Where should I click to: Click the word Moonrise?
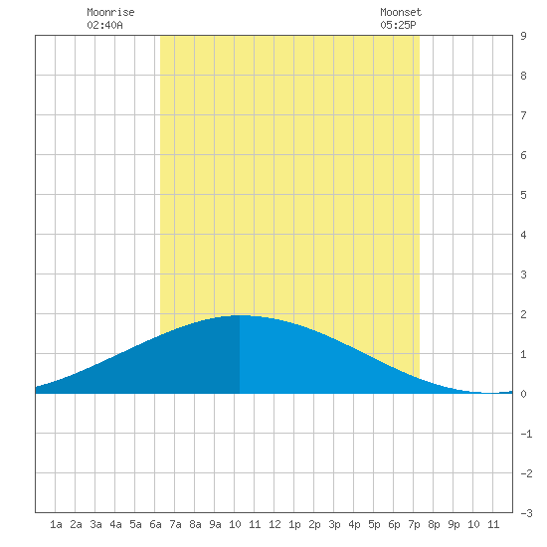pyautogui.click(x=110, y=12)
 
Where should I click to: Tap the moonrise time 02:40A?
pyautogui.click(x=104, y=25)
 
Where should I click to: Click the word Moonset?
pyautogui.click(x=401, y=12)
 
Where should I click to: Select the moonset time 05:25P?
pyautogui.click(x=398, y=25)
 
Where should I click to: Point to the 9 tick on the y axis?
pyautogui.click(x=523, y=36)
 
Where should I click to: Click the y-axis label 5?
pyautogui.click(x=523, y=195)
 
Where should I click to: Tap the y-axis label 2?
pyautogui.click(x=523, y=314)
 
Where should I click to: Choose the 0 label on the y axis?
pyautogui.click(x=523, y=394)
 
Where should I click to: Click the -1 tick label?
pyautogui.click(x=526, y=434)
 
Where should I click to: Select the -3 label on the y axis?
pyautogui.click(x=526, y=513)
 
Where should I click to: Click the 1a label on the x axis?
pyautogui.click(x=56, y=524)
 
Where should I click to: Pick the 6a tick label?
pyautogui.click(x=155, y=524)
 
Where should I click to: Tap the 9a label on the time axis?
pyautogui.click(x=215, y=524)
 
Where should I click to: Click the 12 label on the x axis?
pyautogui.click(x=274, y=524)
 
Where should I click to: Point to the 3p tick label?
pyautogui.click(x=334, y=524)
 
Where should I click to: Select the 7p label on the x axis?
pyautogui.click(x=414, y=524)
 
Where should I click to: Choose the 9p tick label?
pyautogui.click(x=454, y=524)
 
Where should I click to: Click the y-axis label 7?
pyautogui.click(x=523, y=115)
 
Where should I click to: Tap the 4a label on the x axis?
pyautogui.click(x=115, y=524)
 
